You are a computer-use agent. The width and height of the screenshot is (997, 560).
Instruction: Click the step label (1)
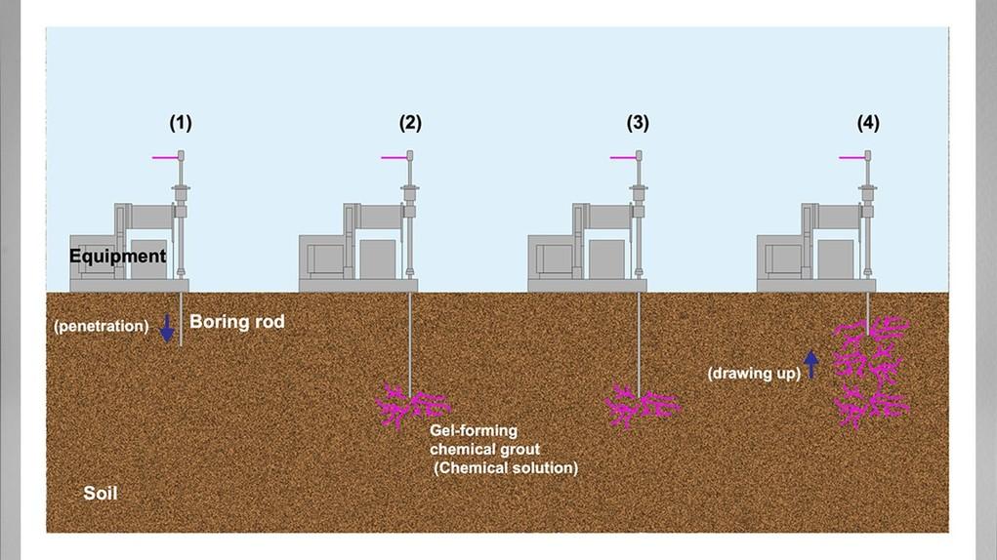(x=181, y=123)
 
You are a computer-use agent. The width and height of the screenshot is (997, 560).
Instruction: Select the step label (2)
(x=410, y=123)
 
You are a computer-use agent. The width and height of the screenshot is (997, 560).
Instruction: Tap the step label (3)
(x=638, y=123)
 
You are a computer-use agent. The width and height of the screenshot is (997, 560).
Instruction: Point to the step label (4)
(x=868, y=123)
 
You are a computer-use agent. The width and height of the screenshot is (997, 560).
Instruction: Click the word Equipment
(x=117, y=257)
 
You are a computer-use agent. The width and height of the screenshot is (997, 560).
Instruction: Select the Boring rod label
(x=237, y=321)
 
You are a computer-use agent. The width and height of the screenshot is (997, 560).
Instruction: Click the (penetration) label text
(x=101, y=326)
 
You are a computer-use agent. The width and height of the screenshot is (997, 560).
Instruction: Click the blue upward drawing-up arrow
(x=810, y=363)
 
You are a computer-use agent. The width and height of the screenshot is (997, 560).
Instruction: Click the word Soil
(x=101, y=494)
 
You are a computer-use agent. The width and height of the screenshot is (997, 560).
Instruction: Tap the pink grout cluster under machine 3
(x=641, y=406)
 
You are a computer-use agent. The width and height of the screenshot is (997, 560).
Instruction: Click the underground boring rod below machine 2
(x=411, y=341)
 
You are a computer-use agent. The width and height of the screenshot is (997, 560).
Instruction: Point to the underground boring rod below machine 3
(x=640, y=341)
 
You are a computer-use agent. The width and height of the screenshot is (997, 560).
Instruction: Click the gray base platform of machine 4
(x=815, y=285)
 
